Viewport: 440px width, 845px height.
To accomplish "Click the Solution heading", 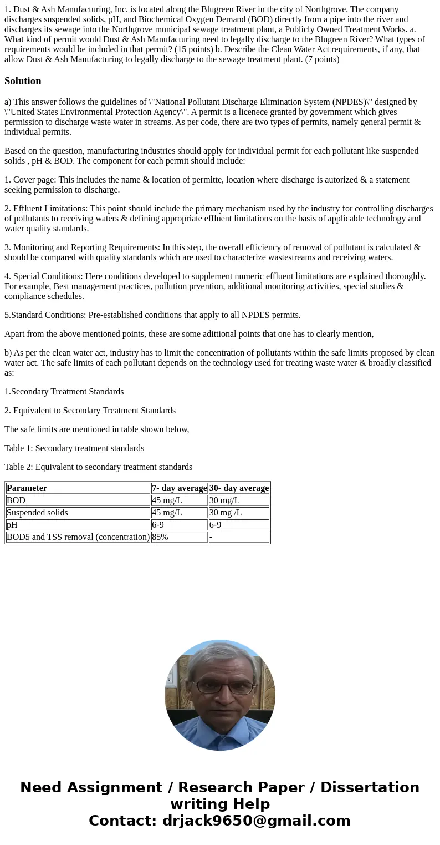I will [x=23, y=81].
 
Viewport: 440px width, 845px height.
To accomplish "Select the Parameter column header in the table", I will [x=27, y=488].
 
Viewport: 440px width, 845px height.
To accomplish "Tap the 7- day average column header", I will [x=179, y=488].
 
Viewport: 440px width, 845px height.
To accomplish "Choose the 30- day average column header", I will [x=239, y=488].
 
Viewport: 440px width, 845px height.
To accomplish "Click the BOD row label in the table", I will [x=16, y=500].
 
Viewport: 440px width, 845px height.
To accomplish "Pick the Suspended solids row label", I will [x=37, y=513].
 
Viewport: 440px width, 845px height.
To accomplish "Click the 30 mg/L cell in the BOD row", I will [x=224, y=500].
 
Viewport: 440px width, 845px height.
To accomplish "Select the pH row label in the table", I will [x=12, y=525].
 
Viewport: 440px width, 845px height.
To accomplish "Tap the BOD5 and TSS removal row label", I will [x=78, y=537].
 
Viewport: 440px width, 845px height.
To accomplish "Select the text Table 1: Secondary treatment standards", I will [x=74, y=448].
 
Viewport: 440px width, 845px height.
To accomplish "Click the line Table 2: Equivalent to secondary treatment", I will [x=98, y=467].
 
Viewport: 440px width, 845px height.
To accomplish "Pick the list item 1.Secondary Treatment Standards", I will [x=64, y=392].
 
